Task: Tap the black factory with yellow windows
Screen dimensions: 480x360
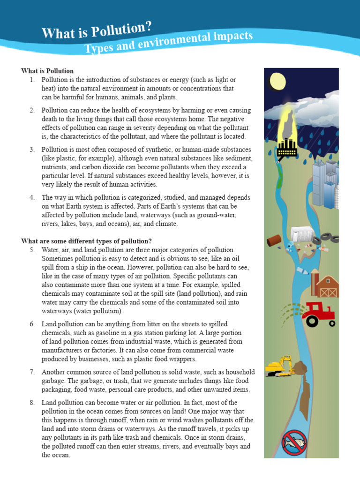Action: pos(287,147)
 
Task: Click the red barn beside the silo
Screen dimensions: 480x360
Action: pos(328,286)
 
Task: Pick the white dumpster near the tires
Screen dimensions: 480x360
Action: pos(302,234)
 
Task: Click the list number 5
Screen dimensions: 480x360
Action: pos(32,250)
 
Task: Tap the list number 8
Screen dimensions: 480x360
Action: pos(32,403)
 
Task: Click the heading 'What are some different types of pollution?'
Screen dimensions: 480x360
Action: pos(86,241)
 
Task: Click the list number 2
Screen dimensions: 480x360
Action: pos(32,110)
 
